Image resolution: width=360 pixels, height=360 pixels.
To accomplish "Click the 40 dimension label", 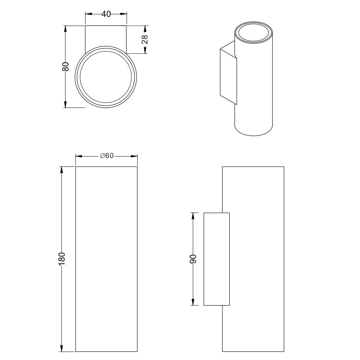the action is pos(106,14).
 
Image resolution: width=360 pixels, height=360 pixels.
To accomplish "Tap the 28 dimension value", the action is pos(145,40).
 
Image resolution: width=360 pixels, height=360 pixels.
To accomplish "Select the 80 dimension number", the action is pos(65,67).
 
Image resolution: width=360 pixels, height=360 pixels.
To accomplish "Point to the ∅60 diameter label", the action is pos(107,156).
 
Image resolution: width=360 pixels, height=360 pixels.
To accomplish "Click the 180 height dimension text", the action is pos(62,259).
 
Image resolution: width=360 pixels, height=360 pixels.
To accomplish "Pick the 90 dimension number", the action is pos(193,259).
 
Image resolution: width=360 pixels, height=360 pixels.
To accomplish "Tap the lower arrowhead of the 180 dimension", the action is pos(61,348).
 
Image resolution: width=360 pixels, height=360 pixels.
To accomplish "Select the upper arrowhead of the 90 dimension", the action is pos(193,217).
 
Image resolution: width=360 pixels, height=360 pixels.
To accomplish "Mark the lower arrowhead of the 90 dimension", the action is pos(193,301).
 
